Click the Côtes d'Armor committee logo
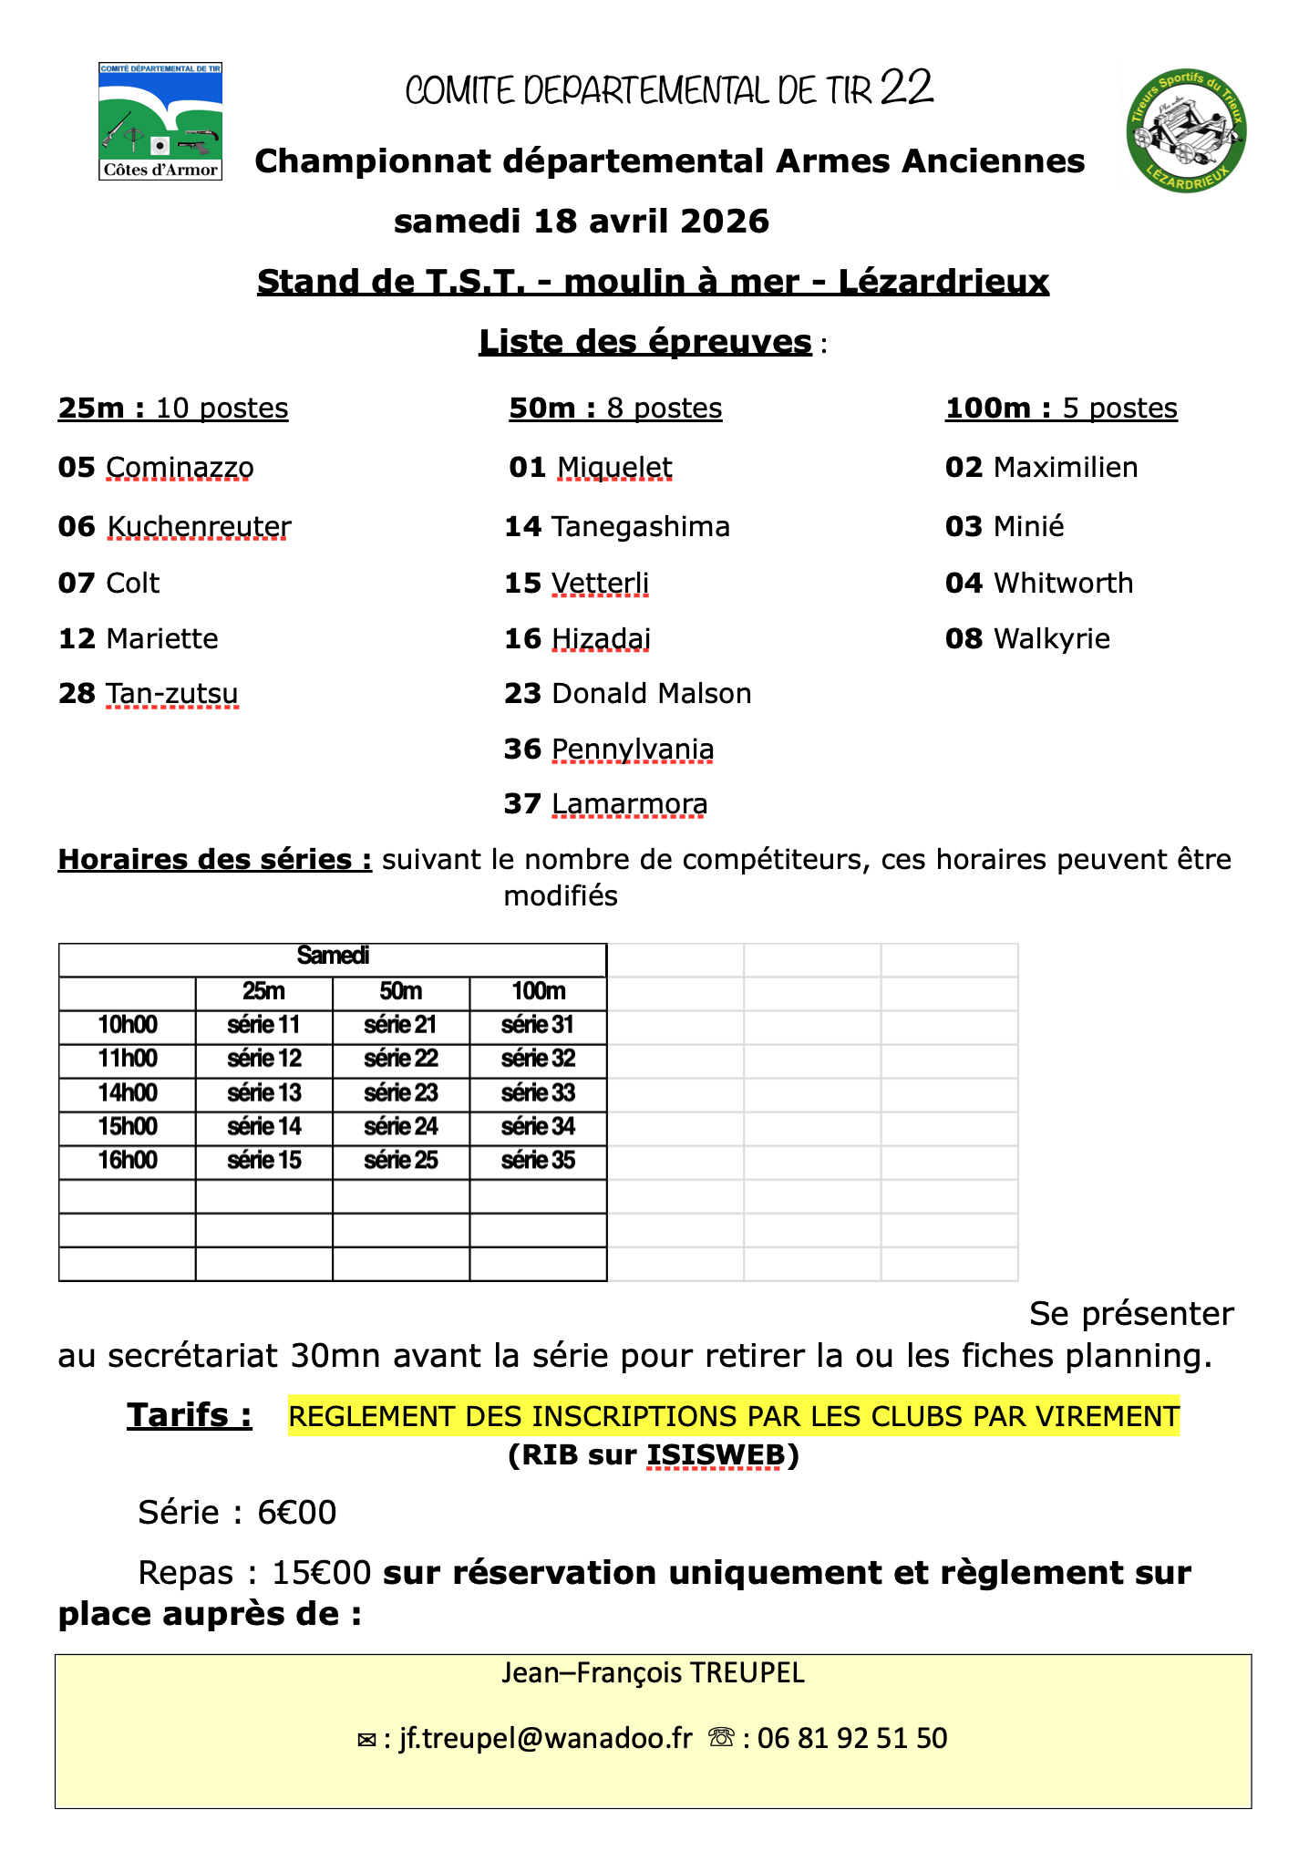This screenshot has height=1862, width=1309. (x=160, y=121)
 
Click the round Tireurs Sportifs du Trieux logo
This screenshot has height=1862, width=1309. (x=1186, y=131)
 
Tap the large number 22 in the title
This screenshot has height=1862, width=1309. (x=907, y=88)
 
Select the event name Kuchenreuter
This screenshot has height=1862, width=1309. (x=199, y=526)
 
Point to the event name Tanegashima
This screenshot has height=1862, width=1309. (x=641, y=526)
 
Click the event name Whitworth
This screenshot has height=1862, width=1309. (x=1063, y=583)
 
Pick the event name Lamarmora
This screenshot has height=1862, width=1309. (x=630, y=803)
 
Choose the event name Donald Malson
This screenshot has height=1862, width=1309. (x=652, y=693)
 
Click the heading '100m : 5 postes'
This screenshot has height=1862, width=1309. (x=1061, y=408)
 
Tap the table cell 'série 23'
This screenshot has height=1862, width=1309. (x=401, y=1092)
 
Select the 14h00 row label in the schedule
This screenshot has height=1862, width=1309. (x=128, y=1092)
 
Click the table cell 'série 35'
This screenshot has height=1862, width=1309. (x=539, y=1160)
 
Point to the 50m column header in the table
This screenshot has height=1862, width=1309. (x=401, y=991)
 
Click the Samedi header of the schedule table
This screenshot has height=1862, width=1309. (x=333, y=956)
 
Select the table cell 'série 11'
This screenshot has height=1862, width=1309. (x=263, y=1025)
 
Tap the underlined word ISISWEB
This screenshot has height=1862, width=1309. (x=716, y=1454)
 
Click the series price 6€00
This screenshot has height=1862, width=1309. (x=297, y=1513)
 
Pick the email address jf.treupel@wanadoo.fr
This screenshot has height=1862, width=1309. (x=546, y=1738)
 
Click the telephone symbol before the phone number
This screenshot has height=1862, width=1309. (x=722, y=1738)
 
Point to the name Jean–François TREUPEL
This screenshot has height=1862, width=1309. (x=653, y=1672)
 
